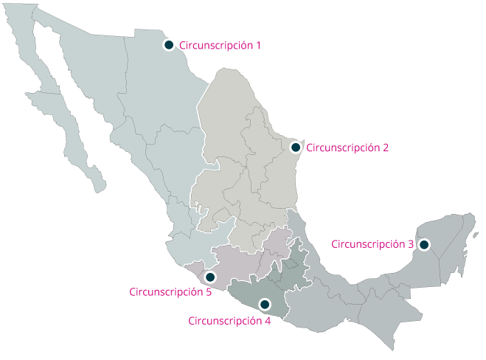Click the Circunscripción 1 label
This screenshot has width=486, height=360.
tap(220, 46)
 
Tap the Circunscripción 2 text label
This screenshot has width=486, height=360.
tap(347, 148)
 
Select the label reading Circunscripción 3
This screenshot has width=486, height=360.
tap(372, 244)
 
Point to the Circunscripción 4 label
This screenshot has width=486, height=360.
tap(229, 321)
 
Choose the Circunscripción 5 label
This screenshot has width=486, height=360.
tap(170, 292)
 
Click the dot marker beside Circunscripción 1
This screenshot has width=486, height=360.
tap(169, 45)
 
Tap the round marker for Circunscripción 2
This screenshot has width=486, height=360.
tap(295, 148)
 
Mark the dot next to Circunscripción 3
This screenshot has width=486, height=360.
tap(424, 244)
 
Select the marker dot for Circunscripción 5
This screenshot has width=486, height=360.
tap(210, 277)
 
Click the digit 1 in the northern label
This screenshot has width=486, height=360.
tap(258, 46)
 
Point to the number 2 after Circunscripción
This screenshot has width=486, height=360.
tap(386, 148)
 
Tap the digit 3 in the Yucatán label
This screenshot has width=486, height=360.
tap(411, 244)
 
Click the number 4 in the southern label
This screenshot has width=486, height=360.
tap(268, 321)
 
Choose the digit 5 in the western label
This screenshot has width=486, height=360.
tap(209, 292)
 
